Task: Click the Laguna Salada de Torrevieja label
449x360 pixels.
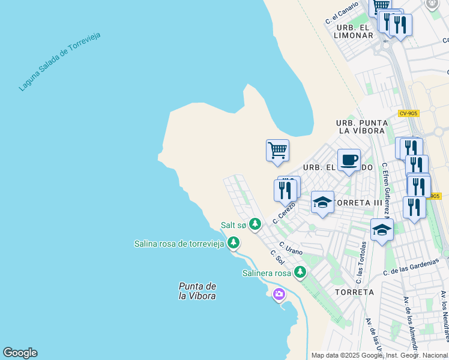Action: click(x=59, y=62)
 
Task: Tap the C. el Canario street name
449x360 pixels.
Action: click(x=342, y=13)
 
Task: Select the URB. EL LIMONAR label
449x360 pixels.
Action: click(x=354, y=32)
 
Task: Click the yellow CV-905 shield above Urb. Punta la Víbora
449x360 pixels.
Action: click(x=408, y=113)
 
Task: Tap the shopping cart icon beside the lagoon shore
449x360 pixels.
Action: click(x=277, y=149)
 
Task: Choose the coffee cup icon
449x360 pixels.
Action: click(x=349, y=160)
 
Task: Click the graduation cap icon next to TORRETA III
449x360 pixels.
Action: click(x=322, y=202)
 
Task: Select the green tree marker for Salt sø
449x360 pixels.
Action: click(x=256, y=224)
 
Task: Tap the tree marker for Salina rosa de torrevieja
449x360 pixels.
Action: click(x=234, y=243)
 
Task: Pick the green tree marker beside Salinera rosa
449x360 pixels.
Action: click(x=300, y=273)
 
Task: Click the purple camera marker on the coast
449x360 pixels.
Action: click(x=279, y=294)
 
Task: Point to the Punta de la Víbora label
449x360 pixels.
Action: click(x=197, y=291)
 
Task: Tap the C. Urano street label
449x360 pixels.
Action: click(x=291, y=248)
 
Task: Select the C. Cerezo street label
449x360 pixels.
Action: click(x=284, y=212)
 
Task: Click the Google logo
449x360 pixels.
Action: click(x=20, y=353)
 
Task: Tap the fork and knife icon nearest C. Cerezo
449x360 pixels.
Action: click(x=285, y=191)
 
